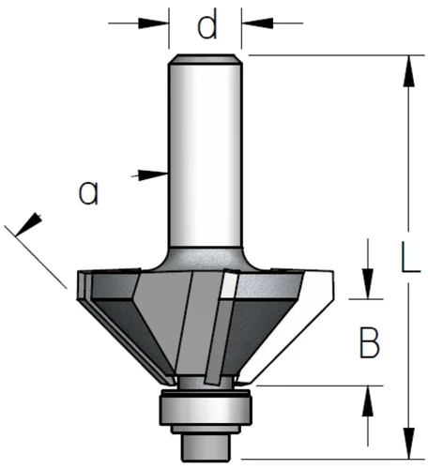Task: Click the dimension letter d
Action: [x=207, y=23]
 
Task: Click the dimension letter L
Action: [x=411, y=257]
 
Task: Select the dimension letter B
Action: [x=370, y=342]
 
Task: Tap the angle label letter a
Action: [x=88, y=192]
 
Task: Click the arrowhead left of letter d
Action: [x=153, y=23]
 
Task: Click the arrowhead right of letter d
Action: [x=257, y=23]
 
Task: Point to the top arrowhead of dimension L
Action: [x=408, y=71]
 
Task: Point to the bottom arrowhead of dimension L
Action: [x=408, y=443]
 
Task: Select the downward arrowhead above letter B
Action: [x=368, y=283]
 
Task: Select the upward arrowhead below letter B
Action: [x=368, y=401]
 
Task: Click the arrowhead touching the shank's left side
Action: [x=152, y=174]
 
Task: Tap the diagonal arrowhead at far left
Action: [x=28, y=224]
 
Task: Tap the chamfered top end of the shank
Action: [x=205, y=59]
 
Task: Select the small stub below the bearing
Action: [x=205, y=447]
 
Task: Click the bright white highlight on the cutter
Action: [x=228, y=285]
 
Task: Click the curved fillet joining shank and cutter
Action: [x=205, y=259]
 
